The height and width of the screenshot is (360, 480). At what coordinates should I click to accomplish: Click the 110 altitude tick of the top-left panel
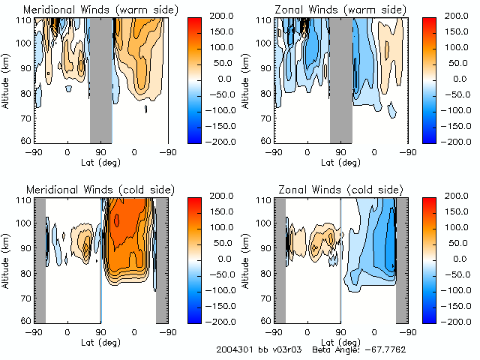click(25, 20)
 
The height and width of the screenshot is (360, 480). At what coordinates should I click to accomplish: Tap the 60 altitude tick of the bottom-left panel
click(28, 320)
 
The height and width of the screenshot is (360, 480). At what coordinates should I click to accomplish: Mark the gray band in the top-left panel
click(101, 79)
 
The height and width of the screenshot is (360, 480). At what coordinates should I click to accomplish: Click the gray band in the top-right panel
click(340, 79)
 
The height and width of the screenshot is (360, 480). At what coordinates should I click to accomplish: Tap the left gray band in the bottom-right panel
click(279, 259)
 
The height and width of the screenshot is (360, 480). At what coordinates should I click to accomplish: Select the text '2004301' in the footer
click(233, 349)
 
